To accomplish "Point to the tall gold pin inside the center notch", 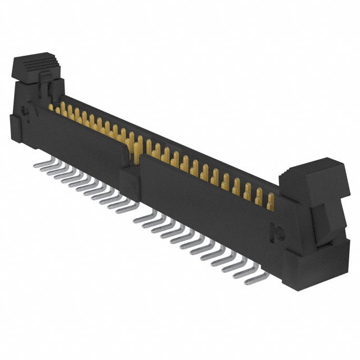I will click(x=136, y=148).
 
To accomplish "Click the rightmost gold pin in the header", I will click(x=271, y=201).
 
